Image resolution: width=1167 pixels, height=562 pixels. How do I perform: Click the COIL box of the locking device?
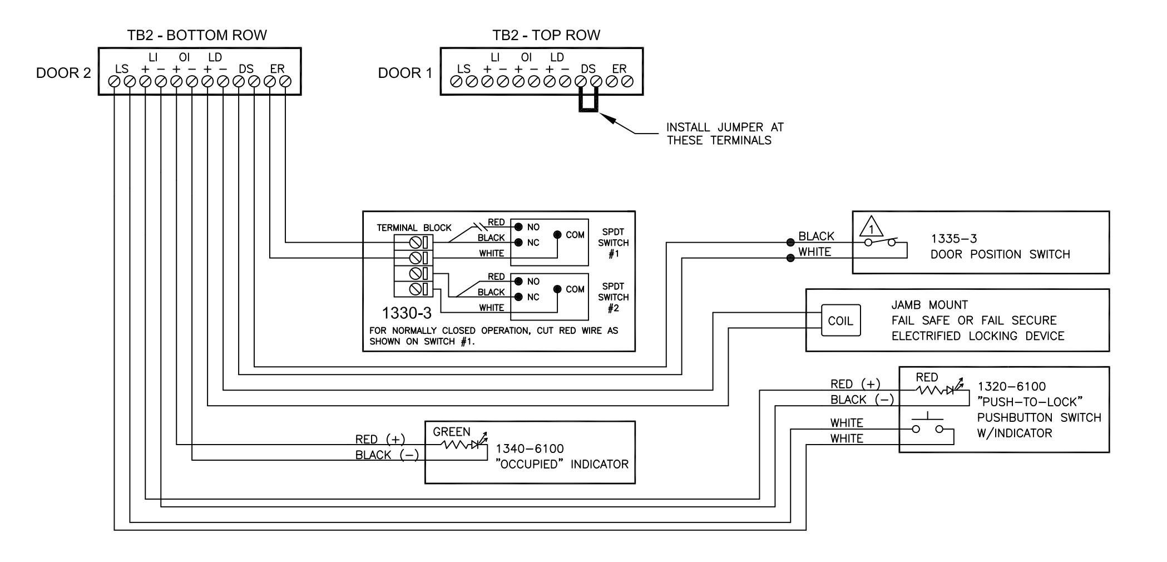click(840, 321)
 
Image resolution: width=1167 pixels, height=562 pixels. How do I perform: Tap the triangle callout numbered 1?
click(872, 228)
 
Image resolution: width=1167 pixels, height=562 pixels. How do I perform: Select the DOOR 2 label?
click(63, 73)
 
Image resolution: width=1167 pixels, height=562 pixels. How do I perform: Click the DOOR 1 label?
click(405, 73)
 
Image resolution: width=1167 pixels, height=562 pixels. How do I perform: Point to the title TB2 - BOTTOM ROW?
click(197, 36)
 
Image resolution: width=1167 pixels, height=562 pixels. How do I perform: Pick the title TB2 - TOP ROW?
click(546, 36)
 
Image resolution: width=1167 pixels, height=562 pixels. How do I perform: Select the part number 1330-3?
click(407, 313)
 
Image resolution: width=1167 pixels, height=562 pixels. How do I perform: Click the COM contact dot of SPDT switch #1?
click(557, 235)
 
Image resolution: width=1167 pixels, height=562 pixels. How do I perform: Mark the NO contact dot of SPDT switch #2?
click(518, 282)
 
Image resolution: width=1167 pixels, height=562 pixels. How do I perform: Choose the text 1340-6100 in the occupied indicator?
click(530, 449)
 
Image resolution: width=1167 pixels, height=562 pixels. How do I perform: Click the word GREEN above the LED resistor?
click(452, 432)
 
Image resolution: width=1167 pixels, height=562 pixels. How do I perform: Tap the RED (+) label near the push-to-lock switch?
click(856, 384)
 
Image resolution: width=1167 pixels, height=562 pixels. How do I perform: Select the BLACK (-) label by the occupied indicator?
click(387, 455)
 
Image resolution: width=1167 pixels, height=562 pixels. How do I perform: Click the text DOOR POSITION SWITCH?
click(1000, 255)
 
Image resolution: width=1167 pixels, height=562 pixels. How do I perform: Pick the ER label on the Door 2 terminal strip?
click(277, 69)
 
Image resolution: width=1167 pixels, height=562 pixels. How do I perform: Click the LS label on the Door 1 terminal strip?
click(463, 69)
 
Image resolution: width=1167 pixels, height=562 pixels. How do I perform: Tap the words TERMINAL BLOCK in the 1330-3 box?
click(414, 228)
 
